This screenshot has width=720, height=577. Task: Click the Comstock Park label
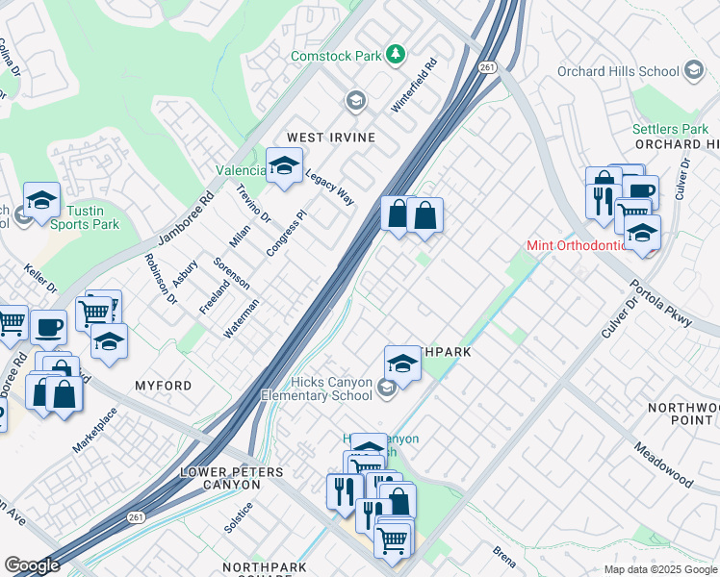pos(337,56)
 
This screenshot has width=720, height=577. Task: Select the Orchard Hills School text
pos(619,72)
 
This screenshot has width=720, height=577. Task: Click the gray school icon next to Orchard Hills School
pos(693,71)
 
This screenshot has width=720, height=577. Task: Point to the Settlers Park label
pos(670,129)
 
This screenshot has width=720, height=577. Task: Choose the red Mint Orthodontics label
pos(576,245)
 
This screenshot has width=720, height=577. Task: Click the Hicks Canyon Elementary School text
pos(317,388)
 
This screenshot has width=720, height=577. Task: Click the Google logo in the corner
pos(32,565)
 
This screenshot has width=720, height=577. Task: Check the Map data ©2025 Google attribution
pos(659,569)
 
